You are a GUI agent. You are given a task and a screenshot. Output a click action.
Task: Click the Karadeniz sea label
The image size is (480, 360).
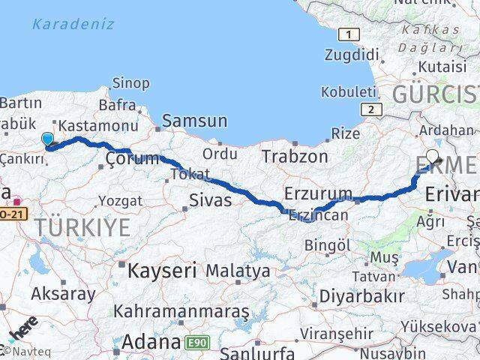tap(73, 24)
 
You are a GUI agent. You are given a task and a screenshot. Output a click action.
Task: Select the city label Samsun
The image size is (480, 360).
tap(195, 120)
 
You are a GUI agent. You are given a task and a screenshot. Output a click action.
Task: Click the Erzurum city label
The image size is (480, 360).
tap(318, 193)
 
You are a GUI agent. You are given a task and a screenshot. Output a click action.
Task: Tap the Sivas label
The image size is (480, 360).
tap(211, 200)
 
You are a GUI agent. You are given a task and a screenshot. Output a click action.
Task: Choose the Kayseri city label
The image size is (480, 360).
tap(162, 269)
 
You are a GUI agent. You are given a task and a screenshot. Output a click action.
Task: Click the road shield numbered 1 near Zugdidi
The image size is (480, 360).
tap(347, 34)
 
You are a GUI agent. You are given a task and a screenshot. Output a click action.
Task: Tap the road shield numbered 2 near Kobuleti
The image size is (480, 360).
tap(370, 109)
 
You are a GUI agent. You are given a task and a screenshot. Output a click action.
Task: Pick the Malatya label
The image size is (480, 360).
tap(238, 270)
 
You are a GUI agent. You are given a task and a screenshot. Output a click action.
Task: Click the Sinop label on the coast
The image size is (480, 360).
tap(130, 82)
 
